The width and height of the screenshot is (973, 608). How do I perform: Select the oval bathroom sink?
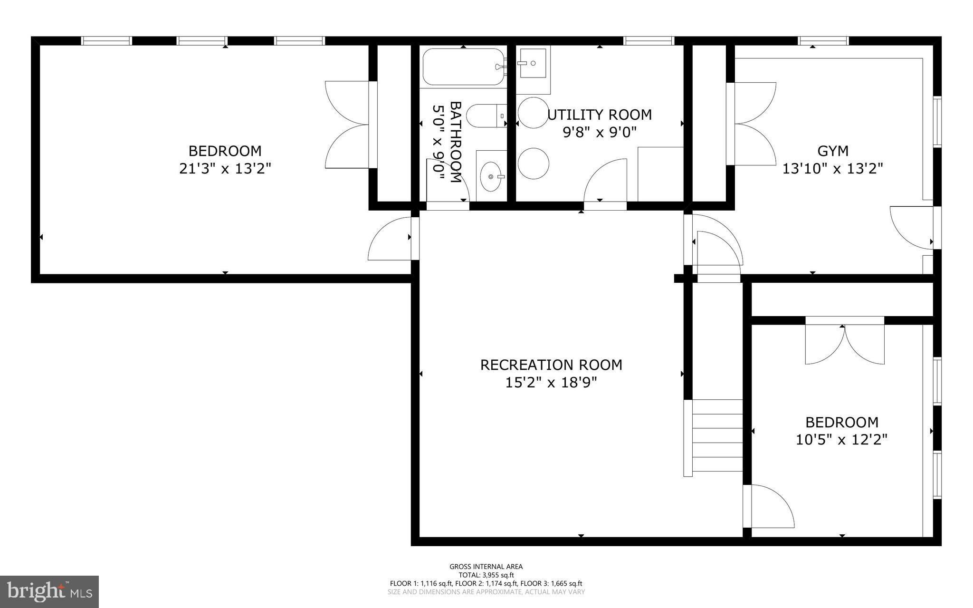[491, 176]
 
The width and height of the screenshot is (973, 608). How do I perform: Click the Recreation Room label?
[551, 365]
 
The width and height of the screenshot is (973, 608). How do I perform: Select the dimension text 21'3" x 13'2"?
[225, 168]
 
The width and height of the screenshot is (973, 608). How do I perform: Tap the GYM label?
[832, 151]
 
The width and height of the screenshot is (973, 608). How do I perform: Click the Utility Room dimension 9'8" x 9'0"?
[599, 132]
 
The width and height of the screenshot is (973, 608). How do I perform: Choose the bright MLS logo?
[49, 591]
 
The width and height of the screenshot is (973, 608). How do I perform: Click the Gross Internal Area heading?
[486, 566]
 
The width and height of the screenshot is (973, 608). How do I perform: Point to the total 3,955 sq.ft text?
[486, 575]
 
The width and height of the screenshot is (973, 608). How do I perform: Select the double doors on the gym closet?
[753, 124]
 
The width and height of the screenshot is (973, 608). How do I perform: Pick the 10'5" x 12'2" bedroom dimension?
[841, 439]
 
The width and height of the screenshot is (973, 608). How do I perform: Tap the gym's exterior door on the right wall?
[911, 227]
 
